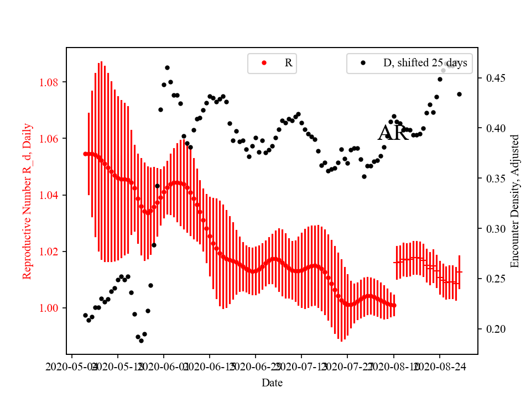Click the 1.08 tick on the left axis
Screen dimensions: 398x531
pos(52,82)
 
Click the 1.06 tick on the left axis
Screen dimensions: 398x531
pos(52,139)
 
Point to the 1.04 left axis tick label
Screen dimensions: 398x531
pos(52,195)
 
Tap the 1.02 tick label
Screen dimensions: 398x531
pos(52,252)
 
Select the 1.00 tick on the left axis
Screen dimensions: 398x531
pos(52,308)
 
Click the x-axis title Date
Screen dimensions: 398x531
pos(272,382)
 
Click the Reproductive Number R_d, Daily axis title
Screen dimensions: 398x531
pos(27,201)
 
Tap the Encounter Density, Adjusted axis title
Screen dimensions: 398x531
pos(515,201)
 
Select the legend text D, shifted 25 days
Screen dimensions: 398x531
pos(425,63)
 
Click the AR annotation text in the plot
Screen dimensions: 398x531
pos(393,133)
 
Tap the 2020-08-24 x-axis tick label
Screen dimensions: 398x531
pos(440,366)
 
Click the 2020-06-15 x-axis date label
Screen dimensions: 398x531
pos(210,366)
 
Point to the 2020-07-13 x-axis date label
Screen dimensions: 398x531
pos(301,366)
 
